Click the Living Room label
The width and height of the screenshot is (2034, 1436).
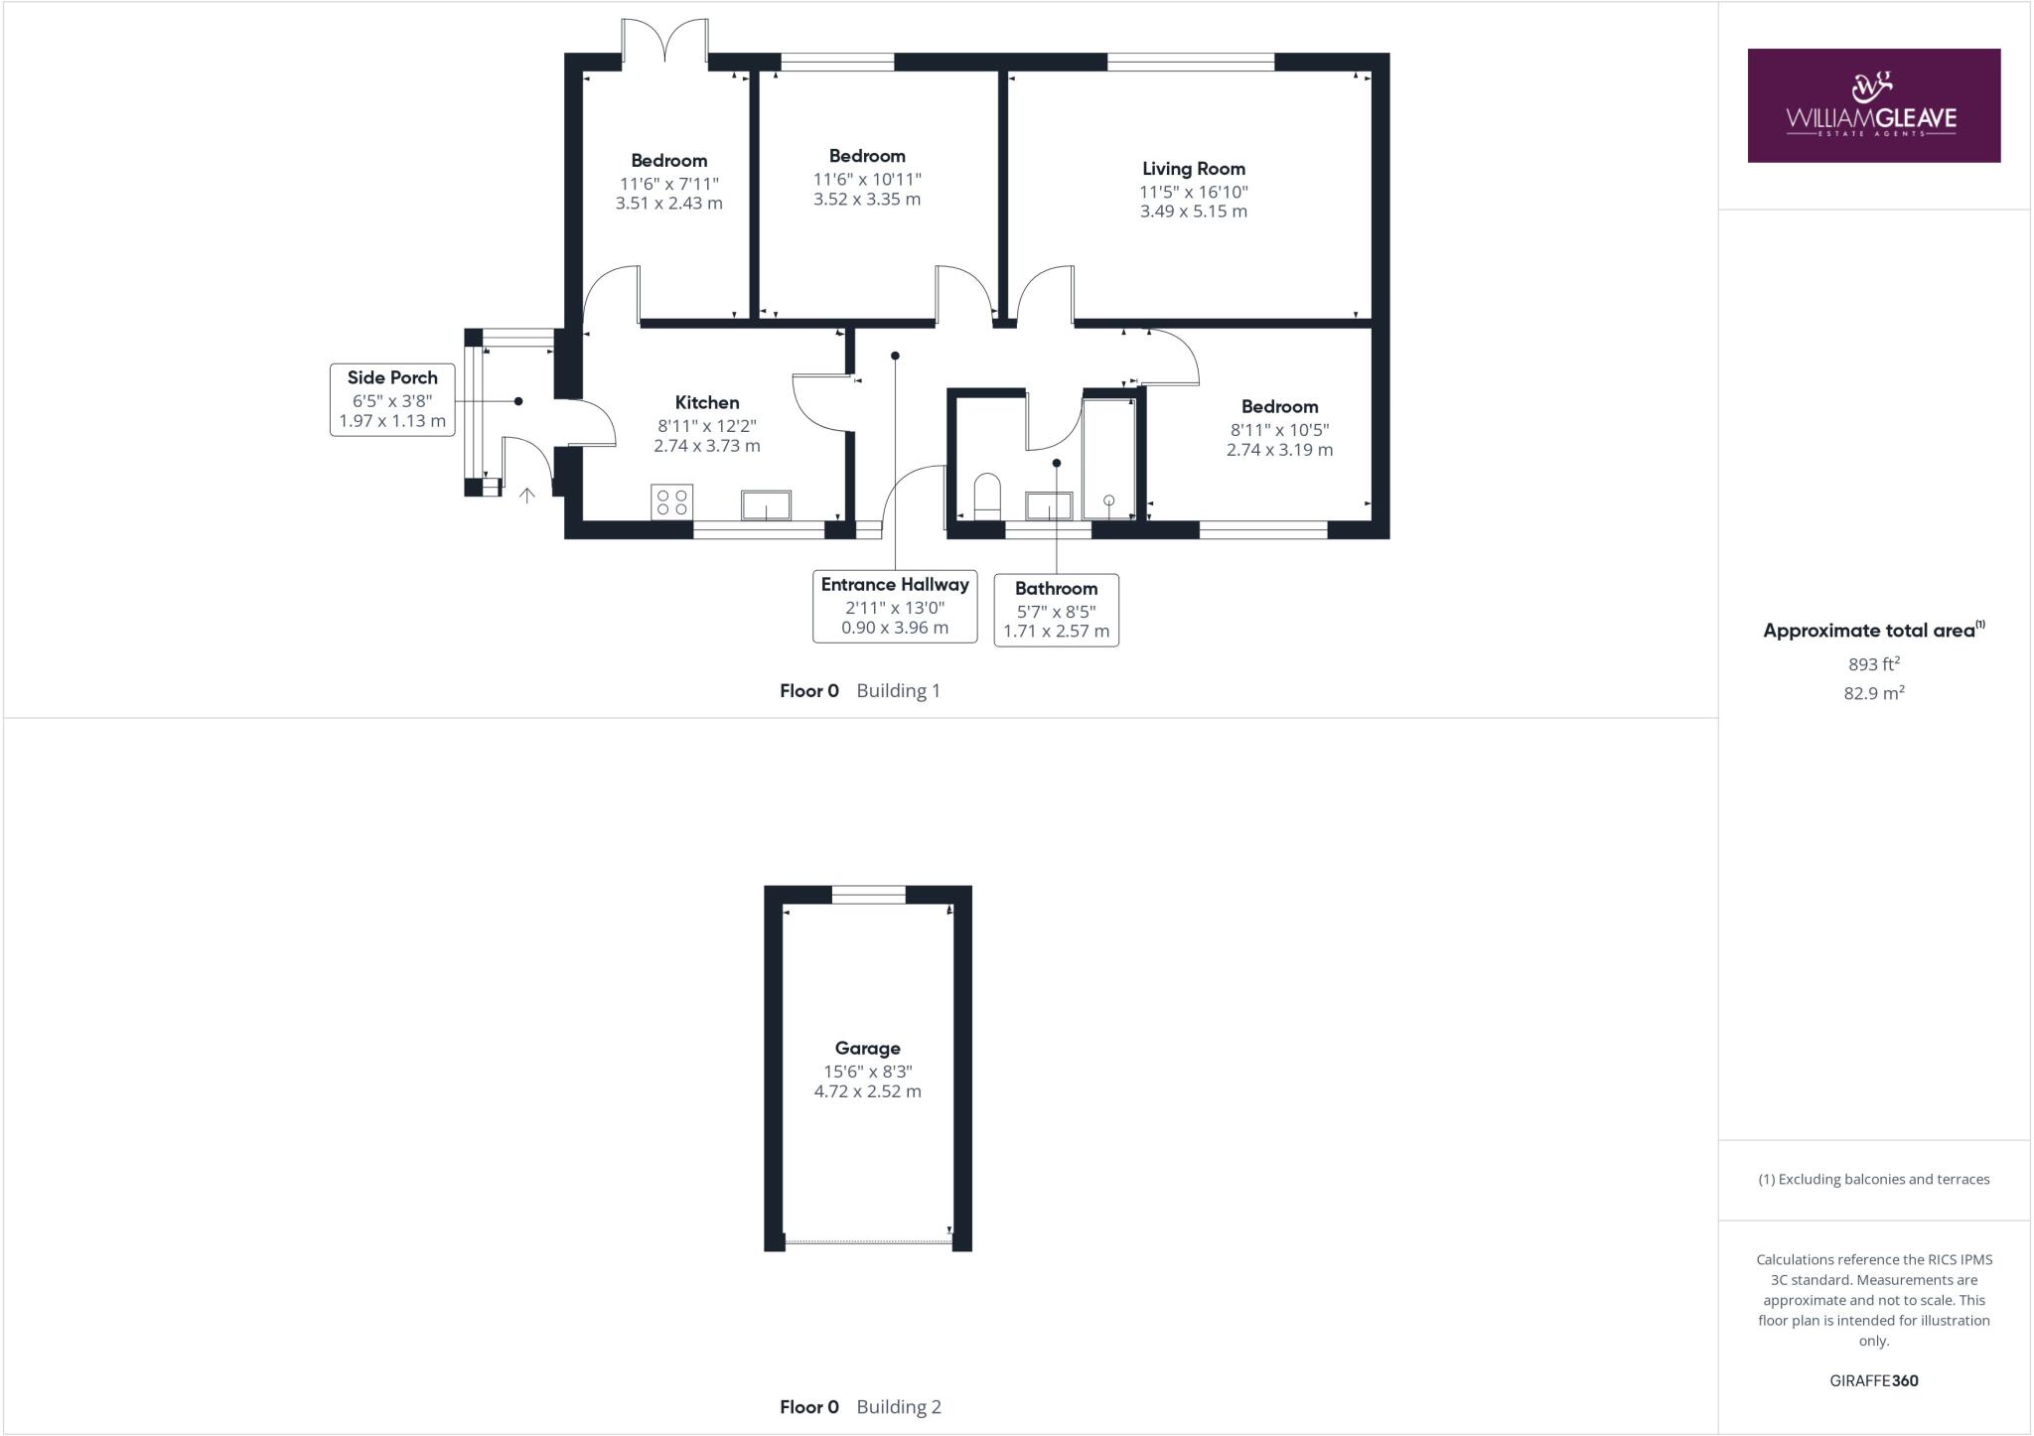[x=1193, y=169]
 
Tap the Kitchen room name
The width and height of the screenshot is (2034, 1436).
[x=707, y=402]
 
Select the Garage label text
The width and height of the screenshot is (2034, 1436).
[x=867, y=1048]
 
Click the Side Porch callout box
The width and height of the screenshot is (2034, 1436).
[x=392, y=399]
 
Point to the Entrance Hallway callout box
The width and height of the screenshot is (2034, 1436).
[x=895, y=606]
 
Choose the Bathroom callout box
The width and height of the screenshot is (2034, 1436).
[x=1056, y=610]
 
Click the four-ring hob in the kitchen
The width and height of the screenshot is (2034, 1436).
[x=671, y=502]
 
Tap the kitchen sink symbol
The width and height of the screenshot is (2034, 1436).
[x=766, y=504]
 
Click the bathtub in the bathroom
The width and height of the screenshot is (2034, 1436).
[x=1108, y=459]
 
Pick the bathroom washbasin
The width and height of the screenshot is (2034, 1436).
[x=1049, y=505]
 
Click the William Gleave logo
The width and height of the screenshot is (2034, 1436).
[x=1873, y=105]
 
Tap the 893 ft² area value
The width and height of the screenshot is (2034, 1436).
[x=1873, y=664]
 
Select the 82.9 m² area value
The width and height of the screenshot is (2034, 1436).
[x=1873, y=693]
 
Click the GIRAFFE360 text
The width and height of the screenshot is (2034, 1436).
[x=1873, y=1380]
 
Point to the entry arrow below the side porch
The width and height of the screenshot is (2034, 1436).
[x=526, y=494]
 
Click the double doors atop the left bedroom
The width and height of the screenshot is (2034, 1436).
[x=665, y=44]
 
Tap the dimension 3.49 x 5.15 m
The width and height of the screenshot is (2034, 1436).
[x=1193, y=212]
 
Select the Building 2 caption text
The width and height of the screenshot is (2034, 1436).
[x=898, y=1406]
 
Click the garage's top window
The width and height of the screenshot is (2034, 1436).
[x=868, y=895]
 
